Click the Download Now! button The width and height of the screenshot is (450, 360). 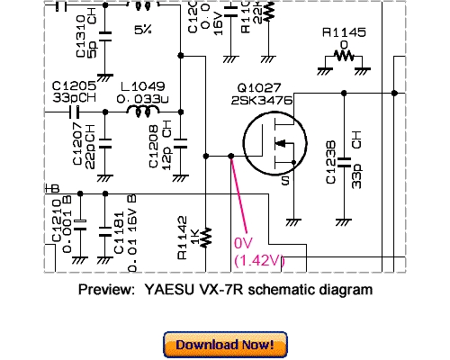225,344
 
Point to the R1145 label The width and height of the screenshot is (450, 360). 344,33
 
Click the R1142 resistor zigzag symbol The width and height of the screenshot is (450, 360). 205,237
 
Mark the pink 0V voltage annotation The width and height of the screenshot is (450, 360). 243,244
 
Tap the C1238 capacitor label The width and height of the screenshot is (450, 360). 332,163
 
